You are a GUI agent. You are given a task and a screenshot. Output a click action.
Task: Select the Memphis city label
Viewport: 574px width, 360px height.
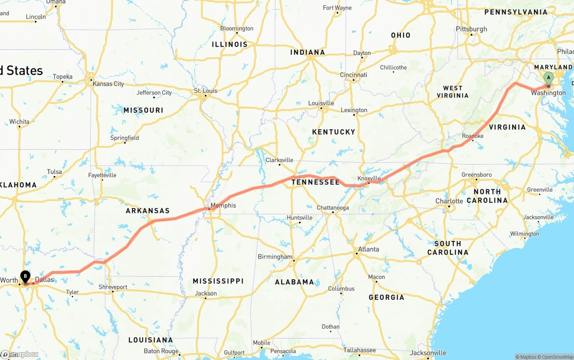[x=223, y=206]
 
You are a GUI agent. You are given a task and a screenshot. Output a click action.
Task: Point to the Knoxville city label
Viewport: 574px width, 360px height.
[x=369, y=178]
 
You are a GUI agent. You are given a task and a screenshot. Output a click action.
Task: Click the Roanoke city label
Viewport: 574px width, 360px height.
[x=473, y=136]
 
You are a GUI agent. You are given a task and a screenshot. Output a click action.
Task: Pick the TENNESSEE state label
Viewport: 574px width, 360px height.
[x=316, y=182]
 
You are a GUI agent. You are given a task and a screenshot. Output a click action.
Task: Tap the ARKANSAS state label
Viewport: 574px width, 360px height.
[x=148, y=211]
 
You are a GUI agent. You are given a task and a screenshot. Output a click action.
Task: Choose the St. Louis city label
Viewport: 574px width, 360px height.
[x=205, y=91]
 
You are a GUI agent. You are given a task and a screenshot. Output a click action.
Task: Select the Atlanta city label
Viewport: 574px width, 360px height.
[x=368, y=249]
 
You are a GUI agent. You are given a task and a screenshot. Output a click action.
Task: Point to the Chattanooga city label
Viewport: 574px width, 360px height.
[x=333, y=208]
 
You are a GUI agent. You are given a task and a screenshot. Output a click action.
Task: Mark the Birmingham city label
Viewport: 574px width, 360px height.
[x=275, y=257]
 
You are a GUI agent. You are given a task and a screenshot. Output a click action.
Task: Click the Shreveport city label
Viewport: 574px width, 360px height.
[x=113, y=287]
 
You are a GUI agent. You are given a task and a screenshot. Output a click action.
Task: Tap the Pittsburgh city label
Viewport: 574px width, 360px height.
[x=471, y=29]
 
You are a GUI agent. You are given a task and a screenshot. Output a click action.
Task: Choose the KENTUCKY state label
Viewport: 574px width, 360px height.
[x=333, y=132]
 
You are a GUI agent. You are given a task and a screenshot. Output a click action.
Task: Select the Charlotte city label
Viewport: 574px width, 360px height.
[x=449, y=201]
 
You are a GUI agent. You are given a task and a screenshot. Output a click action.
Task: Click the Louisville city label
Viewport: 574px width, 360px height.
[x=321, y=103]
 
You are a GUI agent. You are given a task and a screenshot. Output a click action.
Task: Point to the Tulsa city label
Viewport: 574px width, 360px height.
[x=54, y=172]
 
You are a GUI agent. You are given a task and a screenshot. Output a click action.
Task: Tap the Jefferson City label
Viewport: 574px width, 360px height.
[x=154, y=93]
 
